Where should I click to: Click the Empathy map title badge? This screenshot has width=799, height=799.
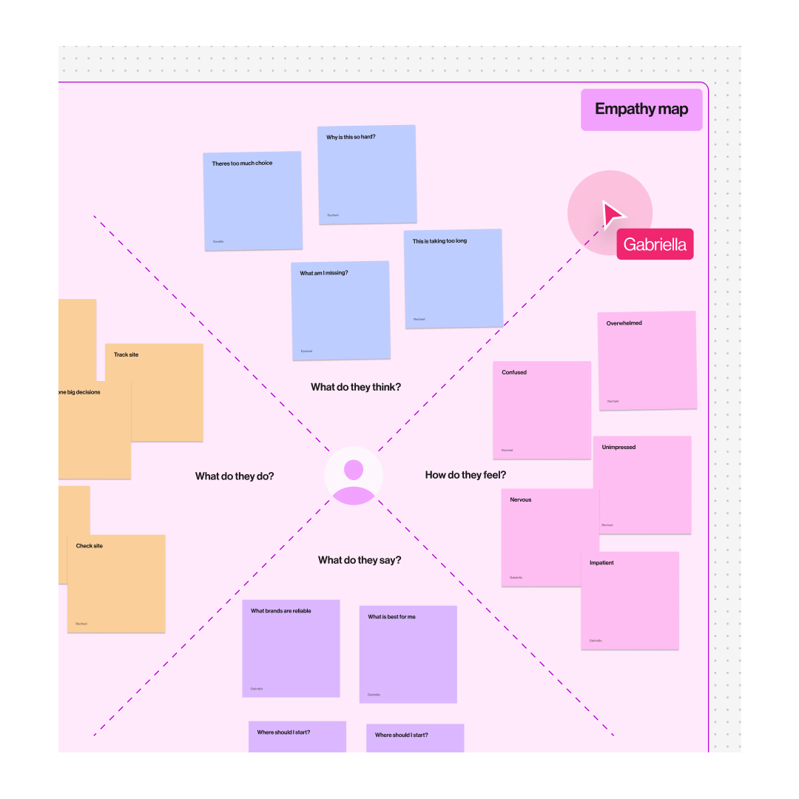pyautogui.click(x=641, y=109)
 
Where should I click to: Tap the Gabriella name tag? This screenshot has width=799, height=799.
pyautogui.click(x=655, y=244)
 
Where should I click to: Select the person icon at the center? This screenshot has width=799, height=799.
pyautogui.click(x=354, y=476)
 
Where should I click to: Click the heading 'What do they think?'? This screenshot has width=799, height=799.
pyautogui.click(x=356, y=387)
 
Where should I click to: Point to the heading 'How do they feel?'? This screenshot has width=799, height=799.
pyautogui.click(x=465, y=475)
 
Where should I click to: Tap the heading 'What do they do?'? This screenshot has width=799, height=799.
pyautogui.click(x=235, y=476)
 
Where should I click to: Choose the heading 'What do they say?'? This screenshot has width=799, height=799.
pyautogui.click(x=360, y=560)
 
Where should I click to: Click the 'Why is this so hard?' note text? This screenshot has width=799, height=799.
pyautogui.click(x=351, y=137)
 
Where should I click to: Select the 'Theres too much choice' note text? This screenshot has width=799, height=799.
pyautogui.click(x=242, y=163)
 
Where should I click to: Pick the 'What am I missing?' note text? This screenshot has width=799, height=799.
pyautogui.click(x=323, y=273)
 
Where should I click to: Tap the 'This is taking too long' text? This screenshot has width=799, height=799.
pyautogui.click(x=439, y=241)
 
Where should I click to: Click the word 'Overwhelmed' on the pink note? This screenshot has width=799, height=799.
pyautogui.click(x=624, y=323)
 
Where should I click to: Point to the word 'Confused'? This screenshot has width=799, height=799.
pyautogui.click(x=514, y=372)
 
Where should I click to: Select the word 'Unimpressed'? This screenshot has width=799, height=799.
pyautogui.click(x=618, y=448)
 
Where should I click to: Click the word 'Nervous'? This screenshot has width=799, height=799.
pyautogui.click(x=520, y=500)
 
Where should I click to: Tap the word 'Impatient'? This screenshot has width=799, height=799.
pyautogui.click(x=601, y=563)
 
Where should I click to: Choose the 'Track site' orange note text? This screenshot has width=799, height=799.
pyautogui.click(x=126, y=355)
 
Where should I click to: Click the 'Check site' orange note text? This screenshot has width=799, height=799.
pyautogui.click(x=90, y=546)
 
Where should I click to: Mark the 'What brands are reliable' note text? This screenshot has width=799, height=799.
pyautogui.click(x=281, y=611)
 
